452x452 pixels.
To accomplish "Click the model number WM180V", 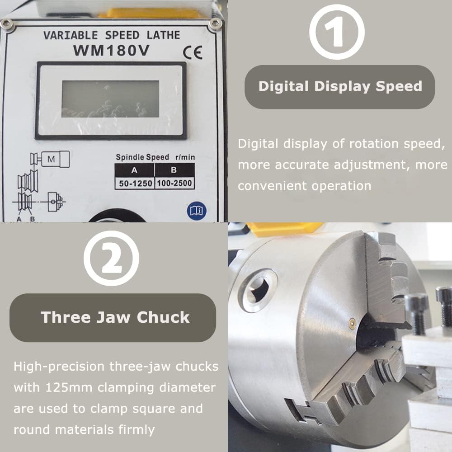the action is tap(111, 51).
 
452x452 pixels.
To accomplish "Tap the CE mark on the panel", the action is tap(193, 52).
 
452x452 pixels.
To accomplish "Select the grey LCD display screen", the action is tap(110, 99).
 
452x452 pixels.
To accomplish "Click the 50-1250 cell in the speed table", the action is tap(135, 184).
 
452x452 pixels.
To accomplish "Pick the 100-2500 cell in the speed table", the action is tap(174, 183).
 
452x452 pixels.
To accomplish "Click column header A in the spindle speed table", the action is tap(134, 170).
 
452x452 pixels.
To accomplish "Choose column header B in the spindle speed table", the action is tap(174, 170).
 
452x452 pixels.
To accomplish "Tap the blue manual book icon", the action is tap(197, 211).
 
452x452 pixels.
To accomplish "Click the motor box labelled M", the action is tap(55, 159).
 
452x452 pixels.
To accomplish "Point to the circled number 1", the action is tap(337, 32).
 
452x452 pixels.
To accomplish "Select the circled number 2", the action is tap(111, 258).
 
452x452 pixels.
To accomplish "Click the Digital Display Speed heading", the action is tap(340, 86).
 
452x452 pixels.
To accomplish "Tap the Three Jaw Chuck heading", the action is tap(115, 317).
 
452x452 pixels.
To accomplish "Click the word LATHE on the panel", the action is tap(164, 35).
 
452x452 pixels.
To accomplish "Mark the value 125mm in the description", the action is tap(69, 387).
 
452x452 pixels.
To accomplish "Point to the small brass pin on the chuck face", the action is tap(352, 324).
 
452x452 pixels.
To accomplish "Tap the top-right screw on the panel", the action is tap(215, 24).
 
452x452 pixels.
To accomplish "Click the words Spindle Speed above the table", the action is tap(142, 157).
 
